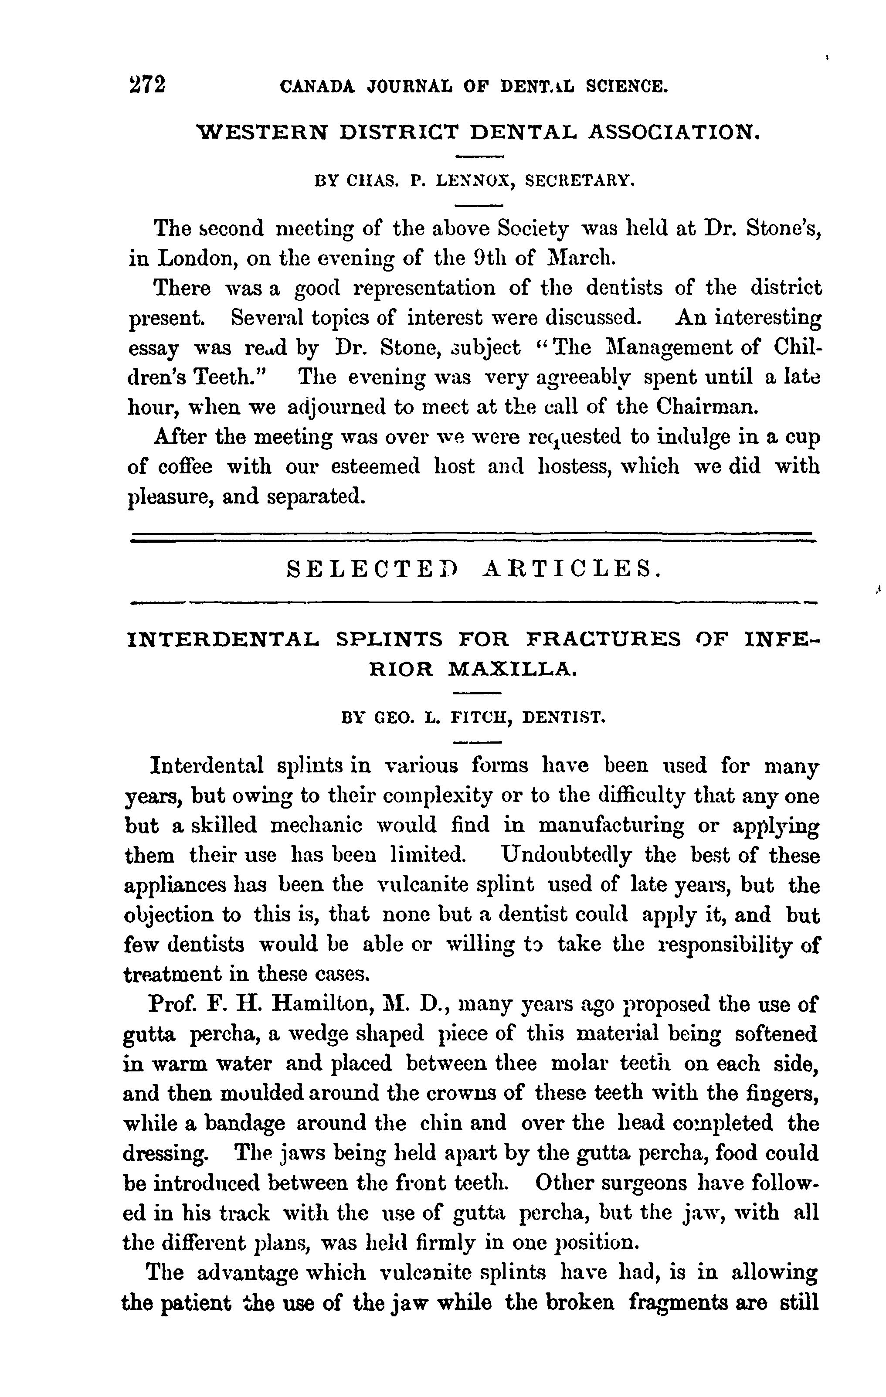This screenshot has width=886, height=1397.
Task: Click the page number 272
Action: pyautogui.click(x=147, y=85)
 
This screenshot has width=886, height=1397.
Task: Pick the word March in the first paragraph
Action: pyautogui.click(x=580, y=258)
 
